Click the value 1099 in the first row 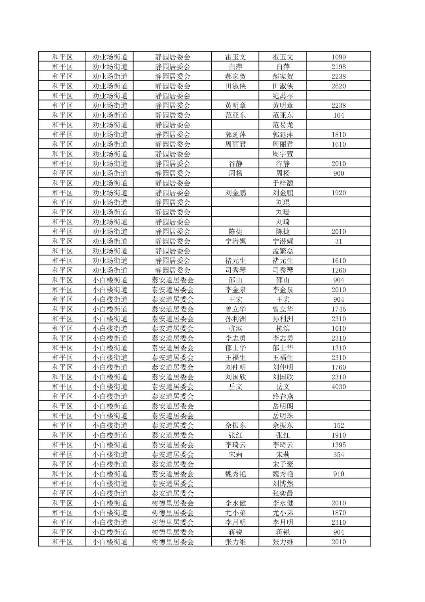click(338, 57)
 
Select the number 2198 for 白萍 click(338, 67)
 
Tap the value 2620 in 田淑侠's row click(338, 86)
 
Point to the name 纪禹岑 click(283, 96)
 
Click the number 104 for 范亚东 click(338, 115)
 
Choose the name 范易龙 click(283, 125)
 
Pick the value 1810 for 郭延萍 click(338, 135)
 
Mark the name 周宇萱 click(283, 154)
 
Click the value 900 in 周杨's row click(338, 173)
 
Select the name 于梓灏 click(283, 183)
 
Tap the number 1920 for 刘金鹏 click(338, 193)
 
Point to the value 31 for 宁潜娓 click(338, 241)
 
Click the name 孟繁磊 click(283, 251)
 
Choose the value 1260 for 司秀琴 click(338, 271)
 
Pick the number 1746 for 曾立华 click(338, 309)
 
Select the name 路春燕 click(283, 396)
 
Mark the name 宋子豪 click(283, 464)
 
